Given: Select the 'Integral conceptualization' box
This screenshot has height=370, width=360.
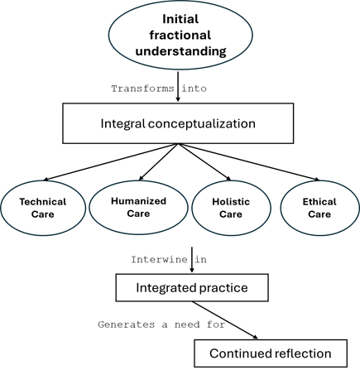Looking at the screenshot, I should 179,124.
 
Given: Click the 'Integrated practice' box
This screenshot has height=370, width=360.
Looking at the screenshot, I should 191,288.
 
